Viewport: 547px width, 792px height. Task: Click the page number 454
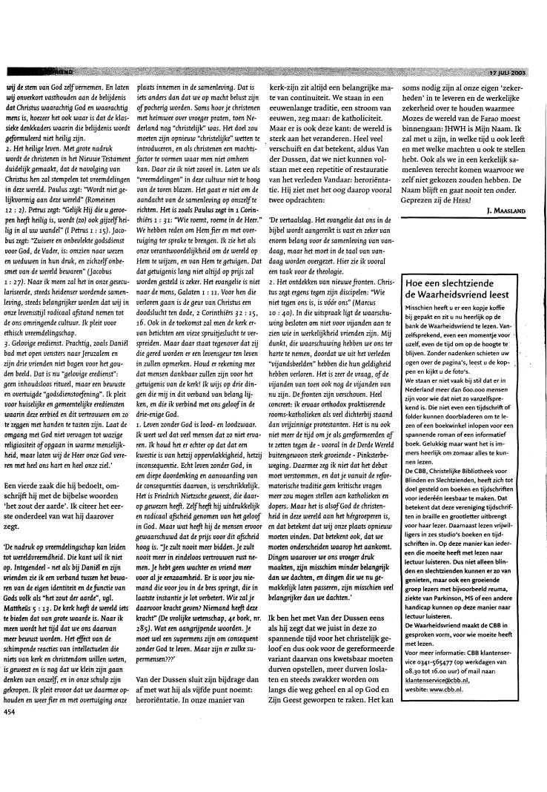point(10,773)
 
